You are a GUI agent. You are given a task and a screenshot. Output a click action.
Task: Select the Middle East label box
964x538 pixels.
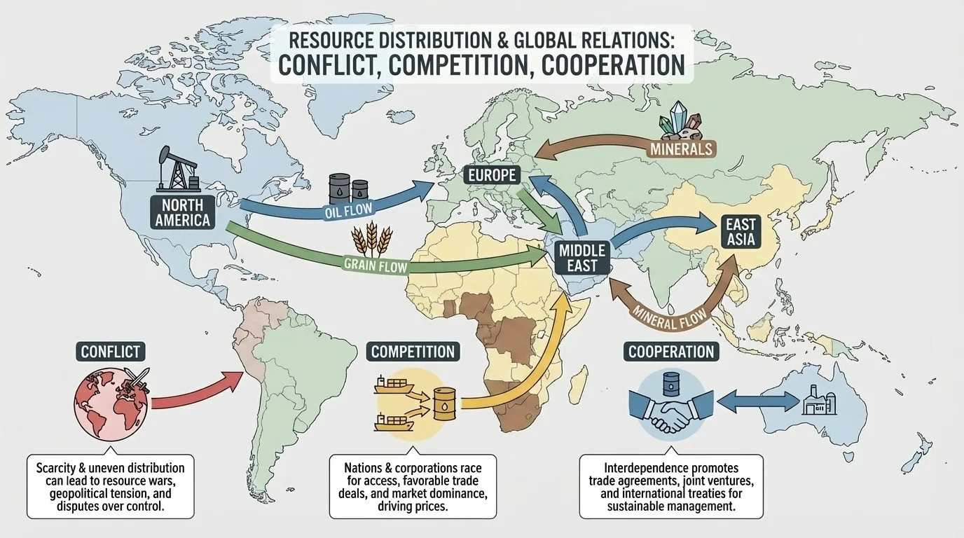coord(578,257)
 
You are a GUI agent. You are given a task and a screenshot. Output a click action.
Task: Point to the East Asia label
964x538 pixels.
coord(741,233)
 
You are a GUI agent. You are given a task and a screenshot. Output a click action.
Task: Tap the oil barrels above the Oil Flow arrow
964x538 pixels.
coord(348,188)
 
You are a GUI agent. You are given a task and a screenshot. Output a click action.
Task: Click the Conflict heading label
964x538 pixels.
coord(110,351)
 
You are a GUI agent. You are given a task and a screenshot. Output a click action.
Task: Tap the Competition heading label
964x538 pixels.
coord(413,351)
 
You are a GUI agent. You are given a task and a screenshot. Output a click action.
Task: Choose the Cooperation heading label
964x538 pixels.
coord(671,352)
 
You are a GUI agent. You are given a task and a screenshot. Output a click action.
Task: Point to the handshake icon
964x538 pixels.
coord(670,413)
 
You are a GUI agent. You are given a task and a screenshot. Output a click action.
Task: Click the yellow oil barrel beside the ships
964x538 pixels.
coord(444,404)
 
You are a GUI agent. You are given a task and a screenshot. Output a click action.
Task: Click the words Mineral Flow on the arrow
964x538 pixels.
coord(668,316)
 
